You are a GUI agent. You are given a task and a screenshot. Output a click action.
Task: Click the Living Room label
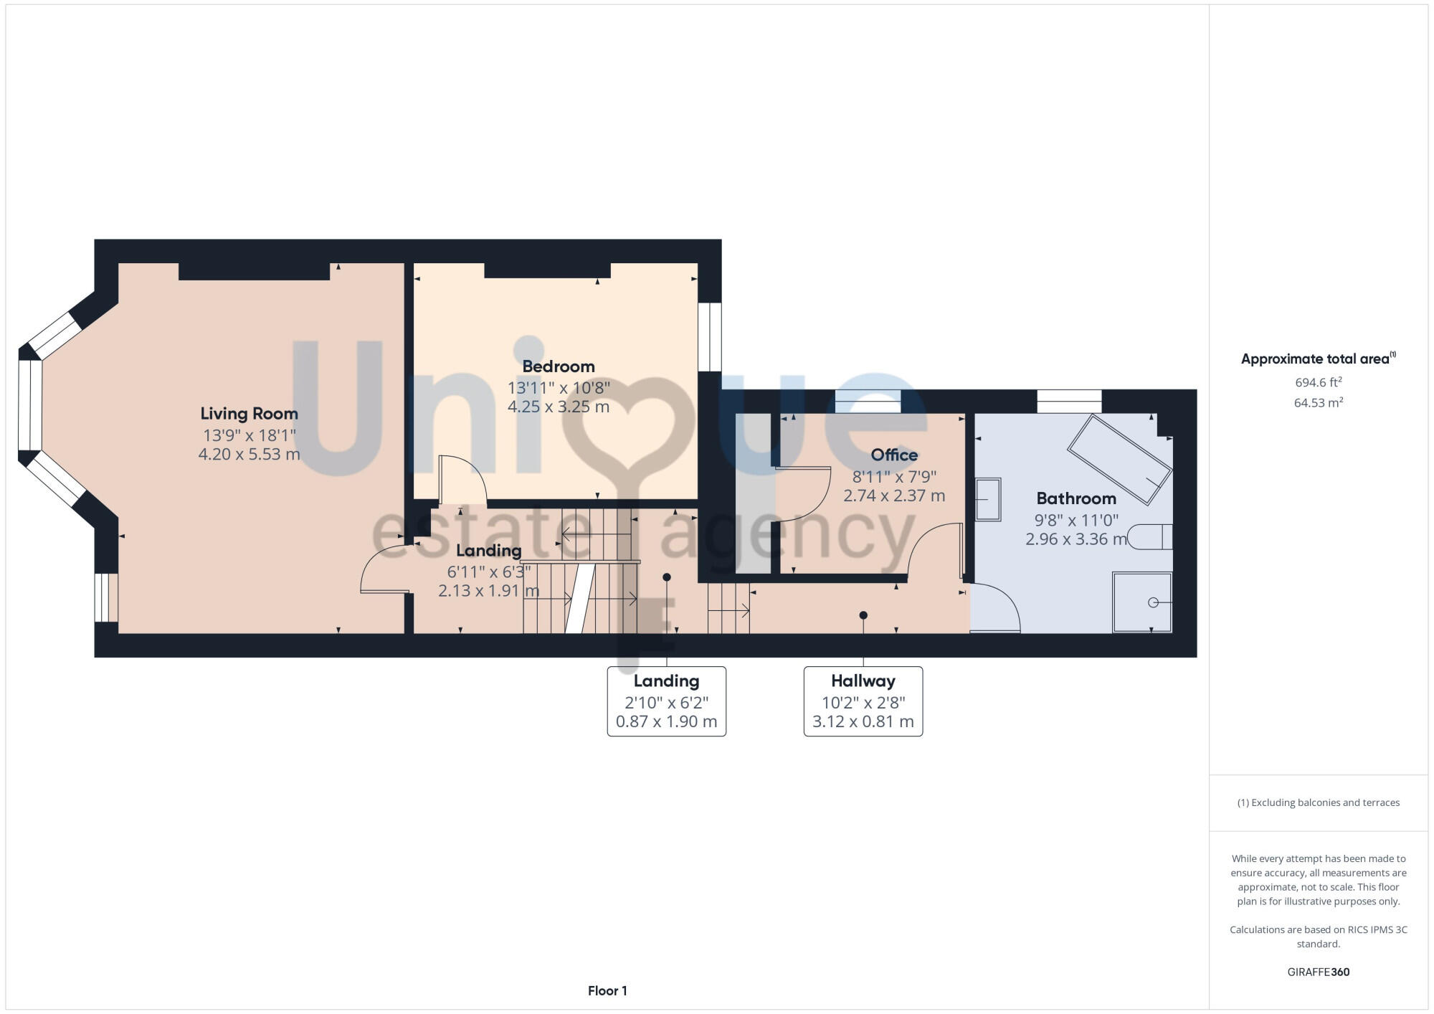[249, 414]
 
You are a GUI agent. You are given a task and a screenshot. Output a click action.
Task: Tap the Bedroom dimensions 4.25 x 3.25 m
[559, 407]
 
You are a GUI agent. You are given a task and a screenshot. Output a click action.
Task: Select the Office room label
[894, 455]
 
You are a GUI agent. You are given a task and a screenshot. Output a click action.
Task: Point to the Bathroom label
[1075, 498]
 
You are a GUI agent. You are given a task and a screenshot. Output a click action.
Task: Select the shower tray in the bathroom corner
[1142, 602]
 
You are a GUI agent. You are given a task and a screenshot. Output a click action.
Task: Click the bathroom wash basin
[988, 499]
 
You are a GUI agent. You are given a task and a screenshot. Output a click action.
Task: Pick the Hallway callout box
[863, 701]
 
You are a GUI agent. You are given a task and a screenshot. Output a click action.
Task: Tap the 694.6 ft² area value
[1318, 383]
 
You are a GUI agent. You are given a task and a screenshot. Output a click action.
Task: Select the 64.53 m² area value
[1318, 403]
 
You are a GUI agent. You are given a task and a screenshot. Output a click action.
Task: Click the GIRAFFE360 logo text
[1318, 972]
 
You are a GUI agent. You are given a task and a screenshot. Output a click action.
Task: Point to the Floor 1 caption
[607, 991]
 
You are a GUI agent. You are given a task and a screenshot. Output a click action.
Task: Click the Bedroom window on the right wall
[710, 336]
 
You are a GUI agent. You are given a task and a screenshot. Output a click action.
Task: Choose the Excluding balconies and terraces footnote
[1318, 802]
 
